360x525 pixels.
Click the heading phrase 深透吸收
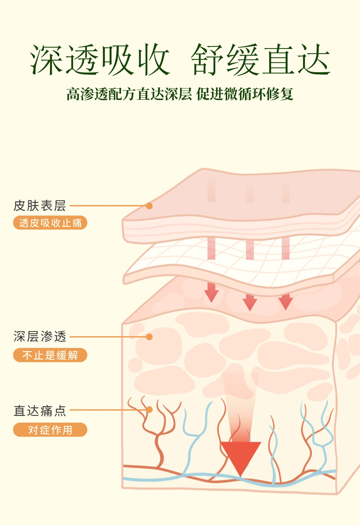pyautogui.click(x=100, y=60)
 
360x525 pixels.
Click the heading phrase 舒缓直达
pyautogui.click(x=260, y=60)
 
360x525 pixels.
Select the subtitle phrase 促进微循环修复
pyautogui.click(x=245, y=94)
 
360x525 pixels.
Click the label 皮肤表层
pyautogui.click(x=40, y=206)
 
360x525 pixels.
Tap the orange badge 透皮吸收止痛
pyautogui.click(x=50, y=223)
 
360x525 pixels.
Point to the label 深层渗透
pyautogui.click(x=40, y=337)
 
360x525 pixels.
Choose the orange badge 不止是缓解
pyautogui.click(x=50, y=355)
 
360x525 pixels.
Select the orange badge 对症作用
pyautogui.click(x=50, y=430)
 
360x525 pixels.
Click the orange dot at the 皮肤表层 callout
pyautogui.click(x=149, y=206)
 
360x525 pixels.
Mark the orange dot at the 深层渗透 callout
pyautogui.click(x=149, y=337)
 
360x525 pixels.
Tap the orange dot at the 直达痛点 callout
pyautogui.click(x=149, y=410)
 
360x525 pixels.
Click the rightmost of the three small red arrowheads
pyautogui.click(x=286, y=303)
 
